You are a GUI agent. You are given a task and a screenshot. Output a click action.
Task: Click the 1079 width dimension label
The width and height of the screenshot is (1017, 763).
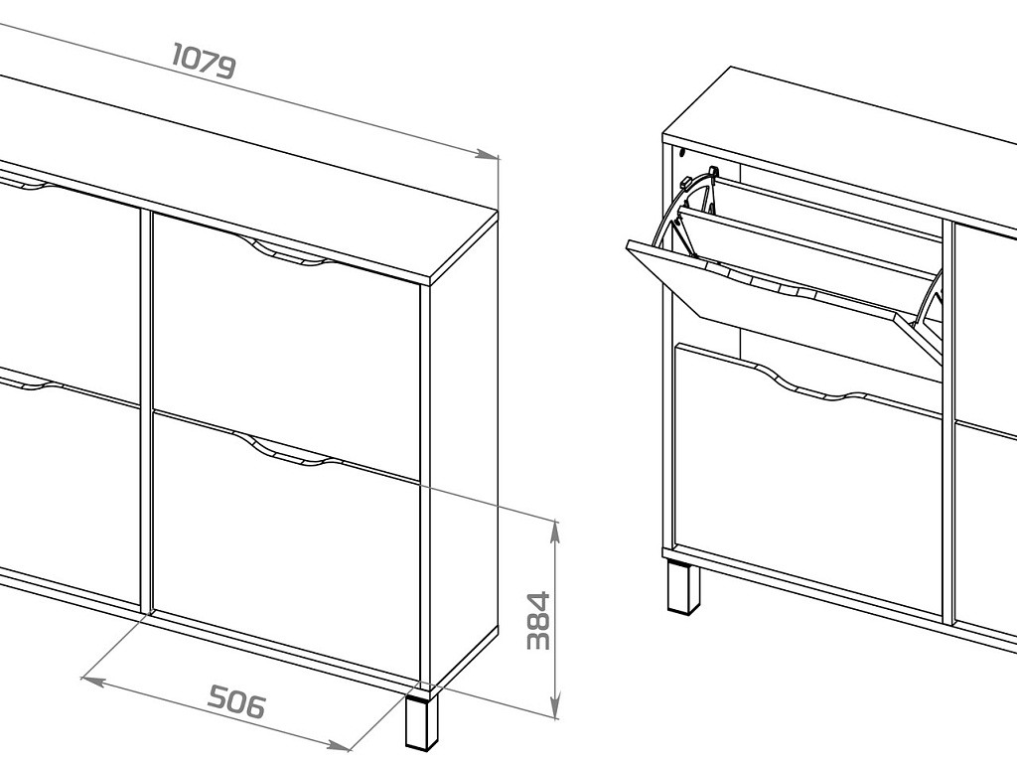[204, 61]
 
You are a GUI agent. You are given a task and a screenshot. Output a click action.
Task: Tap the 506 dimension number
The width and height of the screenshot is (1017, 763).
[236, 702]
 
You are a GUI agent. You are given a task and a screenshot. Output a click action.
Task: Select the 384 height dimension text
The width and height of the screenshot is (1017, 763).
[538, 620]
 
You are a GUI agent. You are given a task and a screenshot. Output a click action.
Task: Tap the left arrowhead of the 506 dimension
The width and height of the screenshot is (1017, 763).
[92, 681]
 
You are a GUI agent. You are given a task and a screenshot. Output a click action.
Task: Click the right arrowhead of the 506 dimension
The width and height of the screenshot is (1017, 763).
[339, 746]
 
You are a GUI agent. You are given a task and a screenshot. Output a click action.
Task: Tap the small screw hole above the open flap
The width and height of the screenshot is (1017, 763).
[682, 154]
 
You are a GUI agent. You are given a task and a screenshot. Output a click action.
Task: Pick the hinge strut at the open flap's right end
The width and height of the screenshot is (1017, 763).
[931, 310]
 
